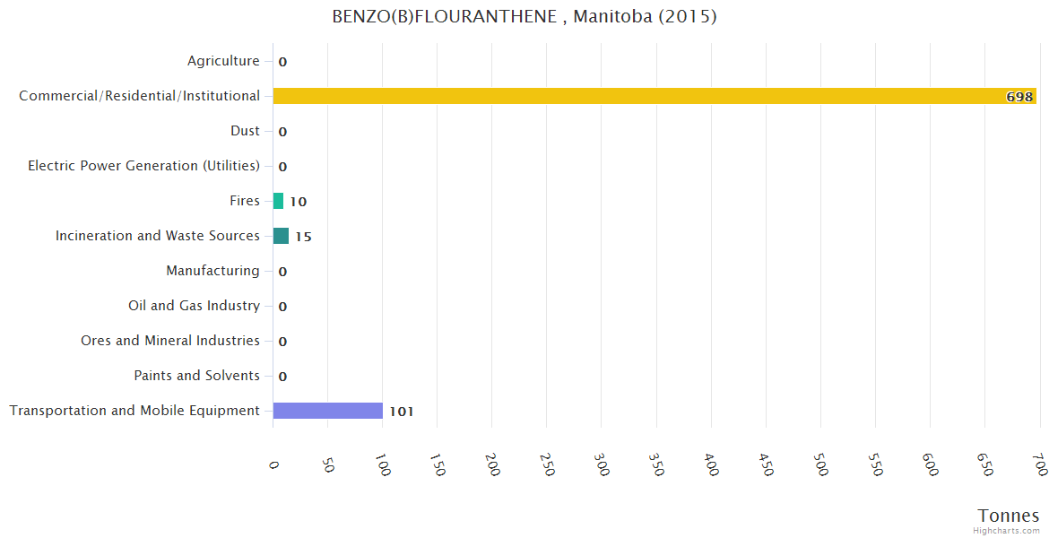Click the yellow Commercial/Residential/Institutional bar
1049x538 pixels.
click(655, 96)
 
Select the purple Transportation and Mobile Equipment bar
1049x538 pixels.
click(328, 411)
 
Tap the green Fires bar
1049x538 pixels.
click(278, 201)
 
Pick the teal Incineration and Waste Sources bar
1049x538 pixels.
click(281, 236)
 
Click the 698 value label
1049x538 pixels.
click(1019, 97)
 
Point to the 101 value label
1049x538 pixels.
click(401, 412)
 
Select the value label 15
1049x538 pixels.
click(303, 237)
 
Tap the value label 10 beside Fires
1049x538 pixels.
click(298, 202)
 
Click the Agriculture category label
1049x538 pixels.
click(223, 61)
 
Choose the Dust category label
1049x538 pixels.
click(245, 131)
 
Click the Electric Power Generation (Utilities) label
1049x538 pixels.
click(143, 166)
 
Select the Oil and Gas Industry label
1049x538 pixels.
click(194, 306)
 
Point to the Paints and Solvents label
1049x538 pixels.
click(196, 376)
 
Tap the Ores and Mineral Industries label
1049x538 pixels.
click(170, 341)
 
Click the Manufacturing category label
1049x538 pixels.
click(212, 271)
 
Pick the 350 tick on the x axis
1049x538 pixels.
click(657, 466)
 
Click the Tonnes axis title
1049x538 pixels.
click(1009, 516)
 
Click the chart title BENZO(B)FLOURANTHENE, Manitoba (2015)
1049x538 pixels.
click(524, 17)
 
